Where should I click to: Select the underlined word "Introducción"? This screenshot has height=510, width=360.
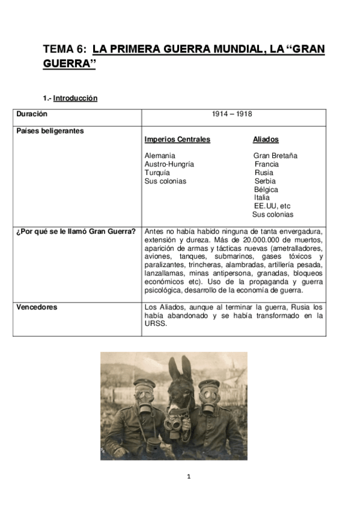click(75, 98)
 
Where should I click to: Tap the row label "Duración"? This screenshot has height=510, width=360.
click(32, 113)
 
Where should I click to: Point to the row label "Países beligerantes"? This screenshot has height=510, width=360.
click(50, 130)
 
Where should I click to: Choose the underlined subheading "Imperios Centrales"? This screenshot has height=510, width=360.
click(177, 140)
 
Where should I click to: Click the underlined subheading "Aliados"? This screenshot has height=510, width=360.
click(266, 140)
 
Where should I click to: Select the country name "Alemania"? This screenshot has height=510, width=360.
click(159, 156)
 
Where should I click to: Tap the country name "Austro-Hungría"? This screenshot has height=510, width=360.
click(169, 164)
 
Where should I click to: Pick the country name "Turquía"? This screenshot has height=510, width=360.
click(157, 173)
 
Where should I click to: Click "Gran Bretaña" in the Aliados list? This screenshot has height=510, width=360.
click(275, 156)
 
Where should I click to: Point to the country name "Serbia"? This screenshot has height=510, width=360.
click(265, 181)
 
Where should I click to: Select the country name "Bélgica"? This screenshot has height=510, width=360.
click(266, 189)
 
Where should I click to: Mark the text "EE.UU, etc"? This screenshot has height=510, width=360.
click(272, 206)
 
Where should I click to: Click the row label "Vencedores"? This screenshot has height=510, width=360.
click(37, 307)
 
